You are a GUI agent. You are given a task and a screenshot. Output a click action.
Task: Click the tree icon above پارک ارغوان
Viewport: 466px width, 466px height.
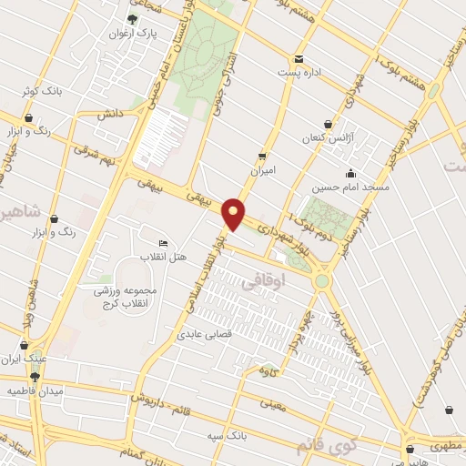[134, 19]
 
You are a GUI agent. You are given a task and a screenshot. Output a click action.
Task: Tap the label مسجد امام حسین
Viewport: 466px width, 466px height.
[350, 187]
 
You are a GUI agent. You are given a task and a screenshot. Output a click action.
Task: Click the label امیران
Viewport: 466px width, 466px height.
[263, 170]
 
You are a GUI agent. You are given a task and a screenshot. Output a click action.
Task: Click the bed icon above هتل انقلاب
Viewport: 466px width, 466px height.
[163, 243]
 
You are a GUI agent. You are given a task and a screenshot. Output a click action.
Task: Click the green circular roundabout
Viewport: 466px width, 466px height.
[321, 281]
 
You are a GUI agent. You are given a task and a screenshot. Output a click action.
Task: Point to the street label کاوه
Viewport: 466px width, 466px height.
[267, 370]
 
